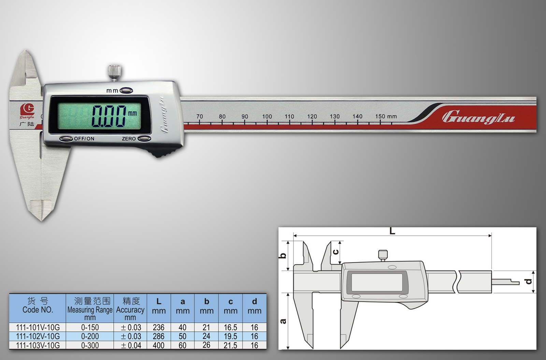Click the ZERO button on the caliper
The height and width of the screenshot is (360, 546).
point(144,139)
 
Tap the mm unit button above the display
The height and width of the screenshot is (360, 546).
point(126,91)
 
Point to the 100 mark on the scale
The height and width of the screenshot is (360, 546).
point(267,116)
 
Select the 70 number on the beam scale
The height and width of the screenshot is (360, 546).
point(200,116)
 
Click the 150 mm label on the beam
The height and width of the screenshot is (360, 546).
point(386,116)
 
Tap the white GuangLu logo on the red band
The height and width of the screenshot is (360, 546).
point(478,117)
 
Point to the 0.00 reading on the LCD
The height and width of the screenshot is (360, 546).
point(109,116)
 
